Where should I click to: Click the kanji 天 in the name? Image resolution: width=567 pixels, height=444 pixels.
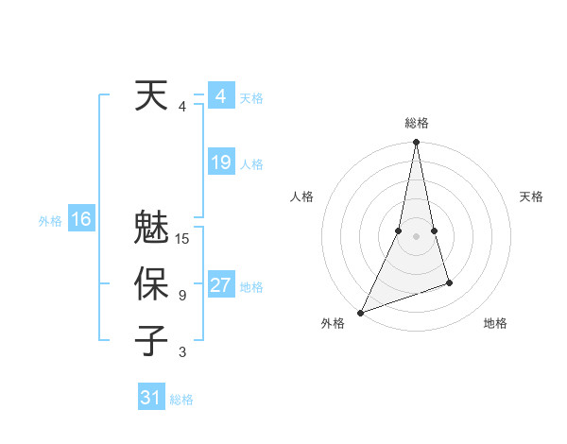tap(151, 96)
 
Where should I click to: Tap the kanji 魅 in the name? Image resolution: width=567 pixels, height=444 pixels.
tap(151, 229)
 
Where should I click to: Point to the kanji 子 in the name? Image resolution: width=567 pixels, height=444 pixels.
tap(151, 341)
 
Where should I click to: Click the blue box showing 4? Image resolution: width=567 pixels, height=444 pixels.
tap(220, 96)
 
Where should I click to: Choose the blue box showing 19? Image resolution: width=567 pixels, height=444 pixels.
tap(220, 162)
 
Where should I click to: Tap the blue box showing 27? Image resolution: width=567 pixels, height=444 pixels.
tap(220, 285)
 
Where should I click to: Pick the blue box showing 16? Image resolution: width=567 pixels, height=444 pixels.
tap(80, 219)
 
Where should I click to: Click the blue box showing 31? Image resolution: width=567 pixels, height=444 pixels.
tap(151, 398)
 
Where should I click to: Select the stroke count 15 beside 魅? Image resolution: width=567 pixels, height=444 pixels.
tap(182, 239)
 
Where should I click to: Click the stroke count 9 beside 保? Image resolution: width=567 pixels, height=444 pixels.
tap(182, 296)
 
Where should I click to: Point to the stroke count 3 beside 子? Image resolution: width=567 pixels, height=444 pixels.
tap(182, 352)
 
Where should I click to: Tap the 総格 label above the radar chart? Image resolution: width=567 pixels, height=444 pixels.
tap(416, 123)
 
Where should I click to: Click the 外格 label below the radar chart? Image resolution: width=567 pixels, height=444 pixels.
tap(333, 323)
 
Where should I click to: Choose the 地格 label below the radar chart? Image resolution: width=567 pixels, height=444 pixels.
tap(495, 323)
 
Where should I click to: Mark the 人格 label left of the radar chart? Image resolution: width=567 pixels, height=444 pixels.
tap(301, 196)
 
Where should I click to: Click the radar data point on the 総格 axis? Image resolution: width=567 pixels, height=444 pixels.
tap(416, 143)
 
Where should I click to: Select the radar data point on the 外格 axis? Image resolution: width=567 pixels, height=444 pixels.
tap(361, 312)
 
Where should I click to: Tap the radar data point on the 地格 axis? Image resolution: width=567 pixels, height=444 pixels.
tap(449, 282)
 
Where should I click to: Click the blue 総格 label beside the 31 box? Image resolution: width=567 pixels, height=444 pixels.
tap(181, 400)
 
